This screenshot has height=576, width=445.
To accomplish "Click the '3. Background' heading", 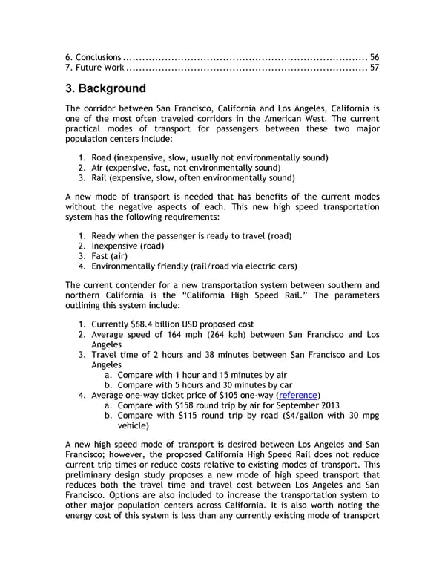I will point(105,89).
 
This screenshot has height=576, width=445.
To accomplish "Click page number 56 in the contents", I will point(374,57).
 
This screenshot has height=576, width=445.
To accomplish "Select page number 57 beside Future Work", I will point(374,68).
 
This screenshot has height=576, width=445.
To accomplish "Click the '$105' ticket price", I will point(222,395).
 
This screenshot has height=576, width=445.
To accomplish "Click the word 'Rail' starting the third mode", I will point(100,178).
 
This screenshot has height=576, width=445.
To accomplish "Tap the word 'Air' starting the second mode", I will point(98,168).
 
